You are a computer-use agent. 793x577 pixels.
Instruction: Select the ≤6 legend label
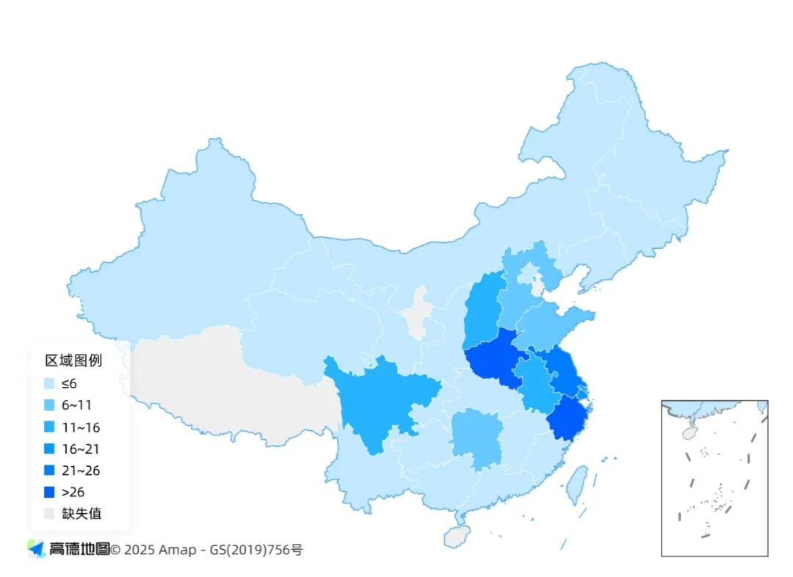[69, 382]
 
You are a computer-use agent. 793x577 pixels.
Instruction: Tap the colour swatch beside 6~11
[50, 404]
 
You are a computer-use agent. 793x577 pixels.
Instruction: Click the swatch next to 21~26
[50, 471]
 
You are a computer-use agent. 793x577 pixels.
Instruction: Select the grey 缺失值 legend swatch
[50, 513]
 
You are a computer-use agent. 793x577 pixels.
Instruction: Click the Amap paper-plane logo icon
[36, 548]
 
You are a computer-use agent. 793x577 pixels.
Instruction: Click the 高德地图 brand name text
[79, 548]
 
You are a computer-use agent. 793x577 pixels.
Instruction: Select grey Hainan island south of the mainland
[456, 537]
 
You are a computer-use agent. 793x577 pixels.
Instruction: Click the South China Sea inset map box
[714, 477]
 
